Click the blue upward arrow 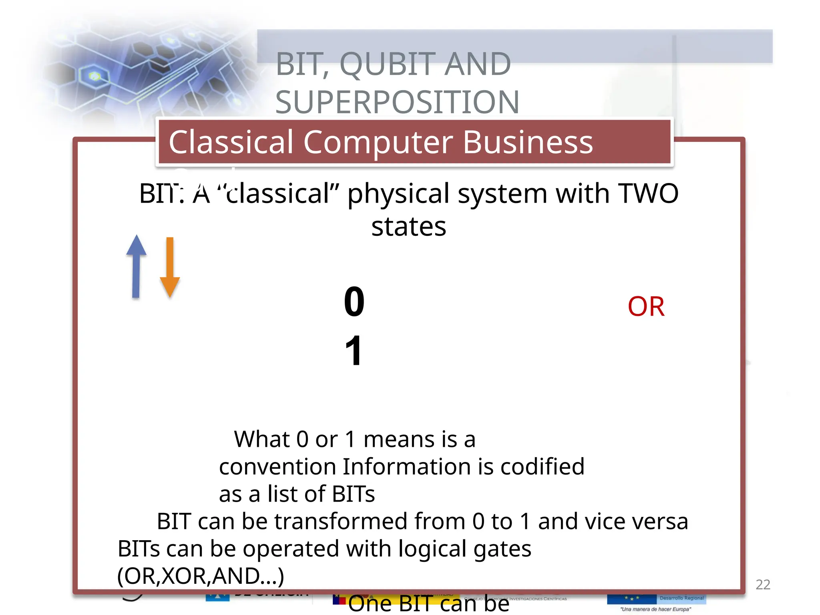pyautogui.click(x=136, y=266)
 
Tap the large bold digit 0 pyautogui.click(x=354, y=302)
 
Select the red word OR pyautogui.click(x=646, y=307)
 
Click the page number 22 pyautogui.click(x=762, y=585)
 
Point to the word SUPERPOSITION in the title pyautogui.click(x=397, y=102)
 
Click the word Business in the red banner pyautogui.click(x=528, y=142)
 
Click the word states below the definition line pyautogui.click(x=408, y=227)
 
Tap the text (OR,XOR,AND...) pyautogui.click(x=200, y=576)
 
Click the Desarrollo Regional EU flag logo pyautogui.click(x=656, y=599)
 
